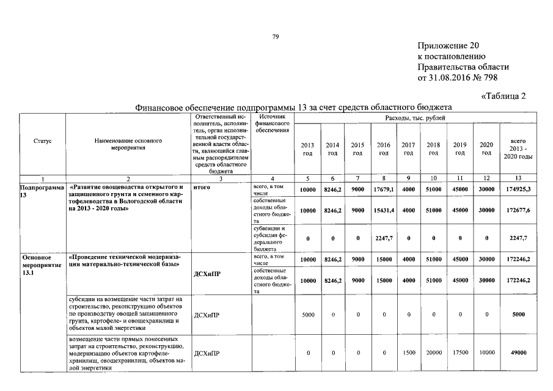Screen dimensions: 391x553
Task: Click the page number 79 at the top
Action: [x=276, y=38]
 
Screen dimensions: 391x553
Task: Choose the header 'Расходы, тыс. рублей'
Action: [x=415, y=117]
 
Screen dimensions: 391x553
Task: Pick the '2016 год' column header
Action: [x=383, y=148]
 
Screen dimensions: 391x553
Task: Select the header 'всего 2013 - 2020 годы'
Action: [x=517, y=148]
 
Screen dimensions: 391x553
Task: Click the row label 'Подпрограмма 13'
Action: [x=42, y=191]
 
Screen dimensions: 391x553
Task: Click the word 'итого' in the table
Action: [x=202, y=187]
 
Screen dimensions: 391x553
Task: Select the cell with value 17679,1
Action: [x=383, y=189]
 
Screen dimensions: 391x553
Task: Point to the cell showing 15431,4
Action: [x=383, y=210]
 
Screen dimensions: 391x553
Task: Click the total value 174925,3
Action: [x=517, y=189]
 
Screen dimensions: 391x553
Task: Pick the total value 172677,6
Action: [x=517, y=210]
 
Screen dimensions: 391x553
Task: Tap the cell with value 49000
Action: [x=517, y=353]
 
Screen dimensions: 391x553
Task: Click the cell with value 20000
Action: [x=433, y=353]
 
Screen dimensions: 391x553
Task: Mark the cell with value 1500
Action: [x=409, y=353]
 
